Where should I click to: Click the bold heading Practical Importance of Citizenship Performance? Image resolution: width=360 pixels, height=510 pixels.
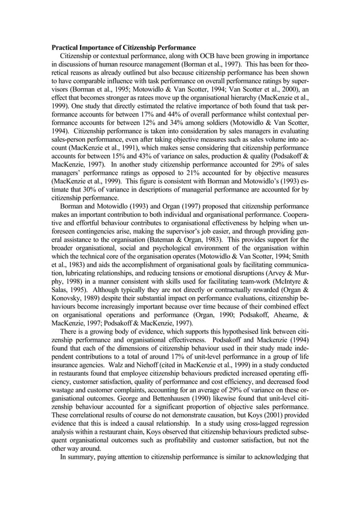click(x=124, y=47)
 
